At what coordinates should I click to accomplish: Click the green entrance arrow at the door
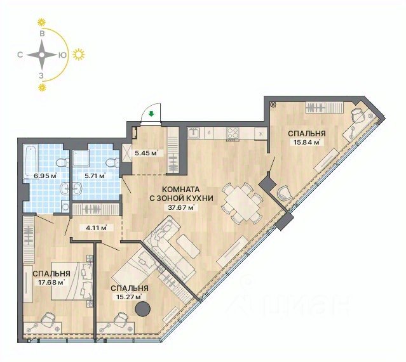coord(152,113)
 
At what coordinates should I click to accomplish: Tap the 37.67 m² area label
coord(180,207)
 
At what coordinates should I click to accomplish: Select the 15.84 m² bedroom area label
coord(307,142)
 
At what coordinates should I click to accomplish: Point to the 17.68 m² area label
coord(51,282)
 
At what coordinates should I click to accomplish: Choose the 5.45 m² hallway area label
coord(146,153)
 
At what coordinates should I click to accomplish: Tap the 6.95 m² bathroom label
coord(45,176)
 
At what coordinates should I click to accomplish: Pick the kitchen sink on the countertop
coord(193,133)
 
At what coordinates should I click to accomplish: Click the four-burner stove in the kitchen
coord(233,133)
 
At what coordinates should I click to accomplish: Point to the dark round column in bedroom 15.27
coord(143,309)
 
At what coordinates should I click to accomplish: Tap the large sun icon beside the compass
coord(78,55)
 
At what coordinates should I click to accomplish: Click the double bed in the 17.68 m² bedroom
coord(71,281)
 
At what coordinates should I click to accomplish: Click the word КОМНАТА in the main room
coord(180,190)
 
